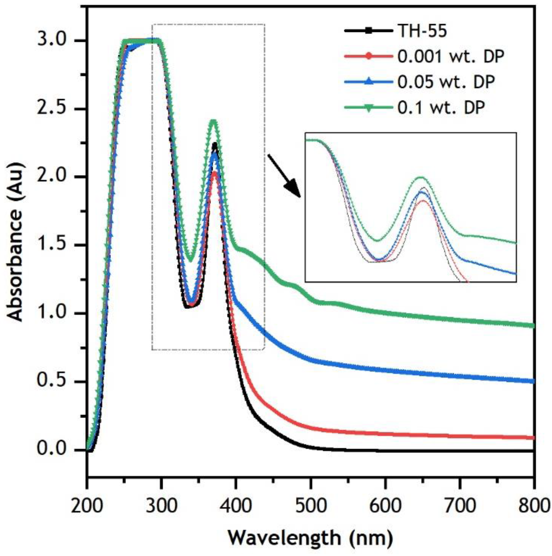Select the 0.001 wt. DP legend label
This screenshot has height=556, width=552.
(x=451, y=57)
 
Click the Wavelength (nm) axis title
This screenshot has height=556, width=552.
(x=310, y=538)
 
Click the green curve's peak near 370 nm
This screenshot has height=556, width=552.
(x=213, y=121)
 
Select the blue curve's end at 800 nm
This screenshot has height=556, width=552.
(x=533, y=381)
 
